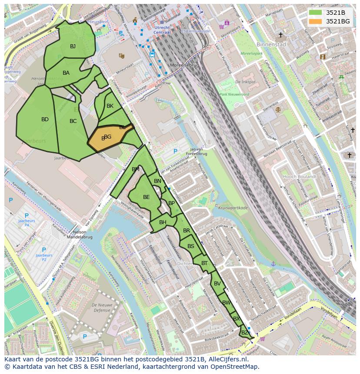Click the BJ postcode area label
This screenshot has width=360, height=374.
(73, 46)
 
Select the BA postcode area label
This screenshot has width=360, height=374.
(66, 73)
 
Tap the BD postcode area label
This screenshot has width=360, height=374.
(45, 119)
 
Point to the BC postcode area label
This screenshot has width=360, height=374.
(73, 121)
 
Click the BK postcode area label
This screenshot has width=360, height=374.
(110, 106)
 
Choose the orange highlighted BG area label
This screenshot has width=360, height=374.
(107, 137)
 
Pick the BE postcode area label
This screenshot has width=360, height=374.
(146, 197)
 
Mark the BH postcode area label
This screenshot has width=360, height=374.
(163, 222)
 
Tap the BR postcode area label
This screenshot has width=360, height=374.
(187, 231)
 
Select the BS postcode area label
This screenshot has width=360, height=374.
(191, 246)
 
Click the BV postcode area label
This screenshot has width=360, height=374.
(217, 284)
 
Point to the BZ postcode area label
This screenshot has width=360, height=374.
(244, 333)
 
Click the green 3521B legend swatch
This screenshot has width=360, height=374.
(315, 13)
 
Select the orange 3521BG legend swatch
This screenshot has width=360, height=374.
(315, 21)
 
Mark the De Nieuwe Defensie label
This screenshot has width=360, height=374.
(102, 308)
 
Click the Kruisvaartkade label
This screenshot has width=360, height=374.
(233, 208)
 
